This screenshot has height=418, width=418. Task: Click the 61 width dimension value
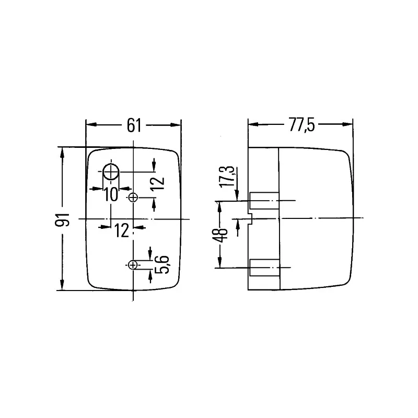click(134, 125)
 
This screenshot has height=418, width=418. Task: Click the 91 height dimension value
click(62, 219)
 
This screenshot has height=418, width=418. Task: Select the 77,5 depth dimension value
click(301, 125)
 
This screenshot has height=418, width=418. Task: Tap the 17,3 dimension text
click(227, 177)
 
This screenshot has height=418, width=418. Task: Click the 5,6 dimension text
click(161, 264)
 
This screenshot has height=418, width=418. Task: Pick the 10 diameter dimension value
click(111, 194)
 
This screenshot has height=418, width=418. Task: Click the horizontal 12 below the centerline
click(122, 230)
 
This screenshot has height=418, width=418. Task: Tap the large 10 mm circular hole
click(111, 172)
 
